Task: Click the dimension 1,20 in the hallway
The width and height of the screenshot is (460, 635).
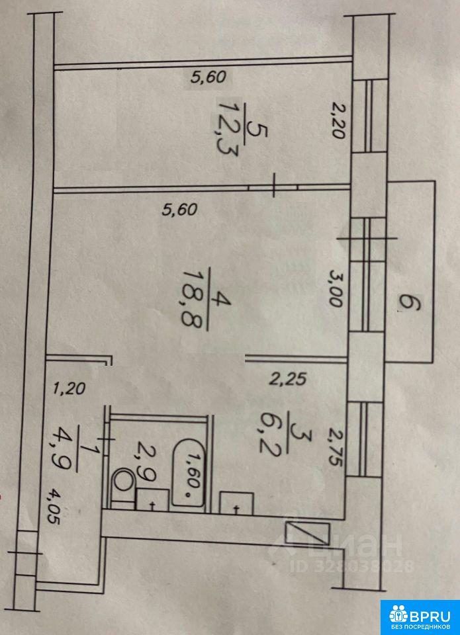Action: coord(68,389)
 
